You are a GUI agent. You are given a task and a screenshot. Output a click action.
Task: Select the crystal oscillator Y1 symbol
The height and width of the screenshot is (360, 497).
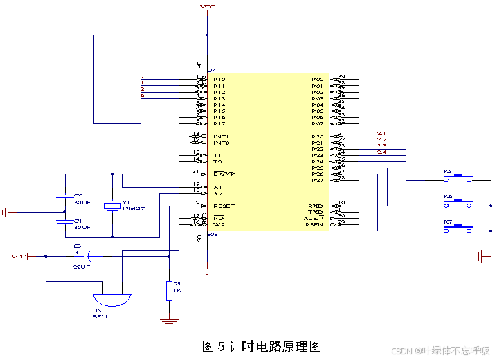pyautogui.click(x=111, y=205)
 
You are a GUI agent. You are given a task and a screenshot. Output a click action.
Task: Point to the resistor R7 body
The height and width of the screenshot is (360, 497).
pyautogui.click(x=168, y=290)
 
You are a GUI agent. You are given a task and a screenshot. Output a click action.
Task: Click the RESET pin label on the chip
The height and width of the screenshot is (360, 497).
pyautogui.click(x=224, y=206)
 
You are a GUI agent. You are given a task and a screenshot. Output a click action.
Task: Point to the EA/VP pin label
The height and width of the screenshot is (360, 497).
pyautogui.click(x=224, y=174)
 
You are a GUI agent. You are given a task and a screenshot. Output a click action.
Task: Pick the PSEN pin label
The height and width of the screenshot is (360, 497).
pyautogui.click(x=316, y=224)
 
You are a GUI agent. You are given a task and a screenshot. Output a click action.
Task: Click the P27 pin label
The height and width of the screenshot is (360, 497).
pyautogui.click(x=317, y=180)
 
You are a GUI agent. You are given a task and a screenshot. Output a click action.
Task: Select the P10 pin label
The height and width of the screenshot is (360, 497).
pyautogui.click(x=219, y=79)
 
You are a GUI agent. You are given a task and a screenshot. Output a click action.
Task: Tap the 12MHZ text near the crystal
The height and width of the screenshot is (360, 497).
pyautogui.click(x=133, y=208)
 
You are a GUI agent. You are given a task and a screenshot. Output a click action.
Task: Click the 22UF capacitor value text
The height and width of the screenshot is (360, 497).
pyautogui.click(x=81, y=267)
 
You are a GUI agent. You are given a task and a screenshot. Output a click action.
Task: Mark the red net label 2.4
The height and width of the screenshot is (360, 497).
pyautogui.click(x=381, y=152)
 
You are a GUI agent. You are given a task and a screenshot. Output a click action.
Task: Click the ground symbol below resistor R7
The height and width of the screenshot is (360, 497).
pyautogui.click(x=168, y=321)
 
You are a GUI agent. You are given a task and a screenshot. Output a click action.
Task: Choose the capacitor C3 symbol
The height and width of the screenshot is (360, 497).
pyautogui.click(x=88, y=256)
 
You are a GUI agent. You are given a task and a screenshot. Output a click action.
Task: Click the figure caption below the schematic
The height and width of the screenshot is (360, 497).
pyautogui.click(x=262, y=346)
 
